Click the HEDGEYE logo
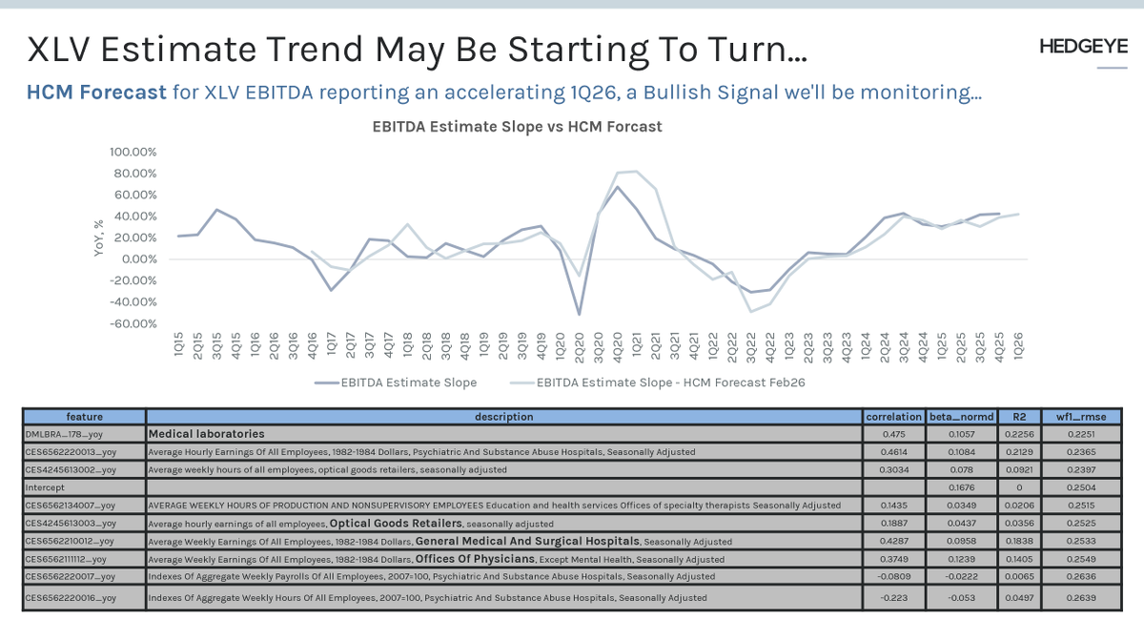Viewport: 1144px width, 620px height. [x=1082, y=48]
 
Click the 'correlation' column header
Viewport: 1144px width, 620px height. [x=893, y=417]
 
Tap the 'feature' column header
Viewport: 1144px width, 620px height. [x=85, y=417]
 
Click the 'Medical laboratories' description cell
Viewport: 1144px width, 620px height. [x=206, y=434]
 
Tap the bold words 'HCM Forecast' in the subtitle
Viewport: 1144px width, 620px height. [x=96, y=93]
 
